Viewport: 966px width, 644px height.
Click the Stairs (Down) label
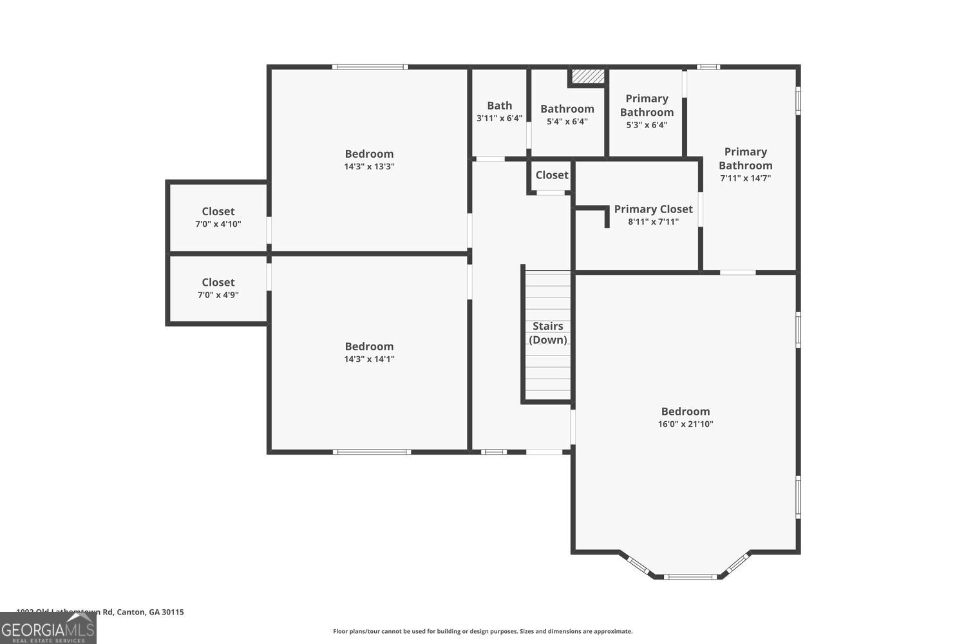tap(547, 333)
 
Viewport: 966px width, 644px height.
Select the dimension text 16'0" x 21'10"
tap(685, 424)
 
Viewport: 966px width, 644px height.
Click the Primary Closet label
tap(653, 209)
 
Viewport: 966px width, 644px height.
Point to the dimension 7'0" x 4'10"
tap(218, 224)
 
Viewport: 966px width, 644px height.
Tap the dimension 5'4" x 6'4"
tap(567, 122)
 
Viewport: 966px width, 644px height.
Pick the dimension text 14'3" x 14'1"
tap(369, 359)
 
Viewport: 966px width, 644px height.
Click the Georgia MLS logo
tap(48, 629)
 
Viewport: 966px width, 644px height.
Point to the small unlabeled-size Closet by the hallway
tap(552, 175)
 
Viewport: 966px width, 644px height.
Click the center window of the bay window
tap(690, 576)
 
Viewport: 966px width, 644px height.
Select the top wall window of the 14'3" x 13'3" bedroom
tap(370, 66)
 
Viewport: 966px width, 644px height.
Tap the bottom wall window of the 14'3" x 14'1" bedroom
tap(372, 452)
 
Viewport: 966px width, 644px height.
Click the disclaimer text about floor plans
tap(482, 631)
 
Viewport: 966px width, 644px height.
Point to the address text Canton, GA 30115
tap(150, 612)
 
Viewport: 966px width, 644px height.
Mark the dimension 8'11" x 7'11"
tap(653, 222)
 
